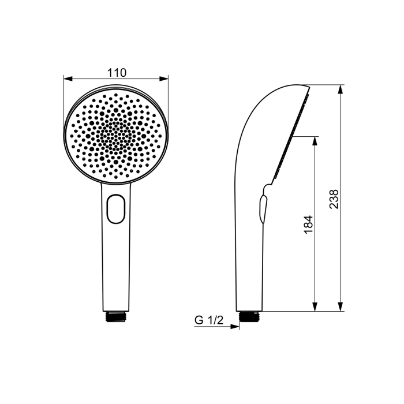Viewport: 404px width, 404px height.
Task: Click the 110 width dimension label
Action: (117, 73)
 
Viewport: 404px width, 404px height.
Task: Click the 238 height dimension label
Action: (334, 199)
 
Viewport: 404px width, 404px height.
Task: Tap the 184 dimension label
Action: (308, 225)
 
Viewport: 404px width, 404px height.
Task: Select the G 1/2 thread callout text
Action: (209, 320)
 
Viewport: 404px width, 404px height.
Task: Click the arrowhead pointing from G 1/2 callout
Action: (234, 327)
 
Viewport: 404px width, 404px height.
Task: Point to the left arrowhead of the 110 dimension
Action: (68, 79)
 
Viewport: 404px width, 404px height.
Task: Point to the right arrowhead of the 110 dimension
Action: (163, 79)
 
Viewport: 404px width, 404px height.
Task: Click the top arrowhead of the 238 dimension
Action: (341, 89)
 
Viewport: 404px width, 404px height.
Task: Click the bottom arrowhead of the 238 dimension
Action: (341, 306)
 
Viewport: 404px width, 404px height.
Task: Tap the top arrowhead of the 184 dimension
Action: (315, 141)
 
